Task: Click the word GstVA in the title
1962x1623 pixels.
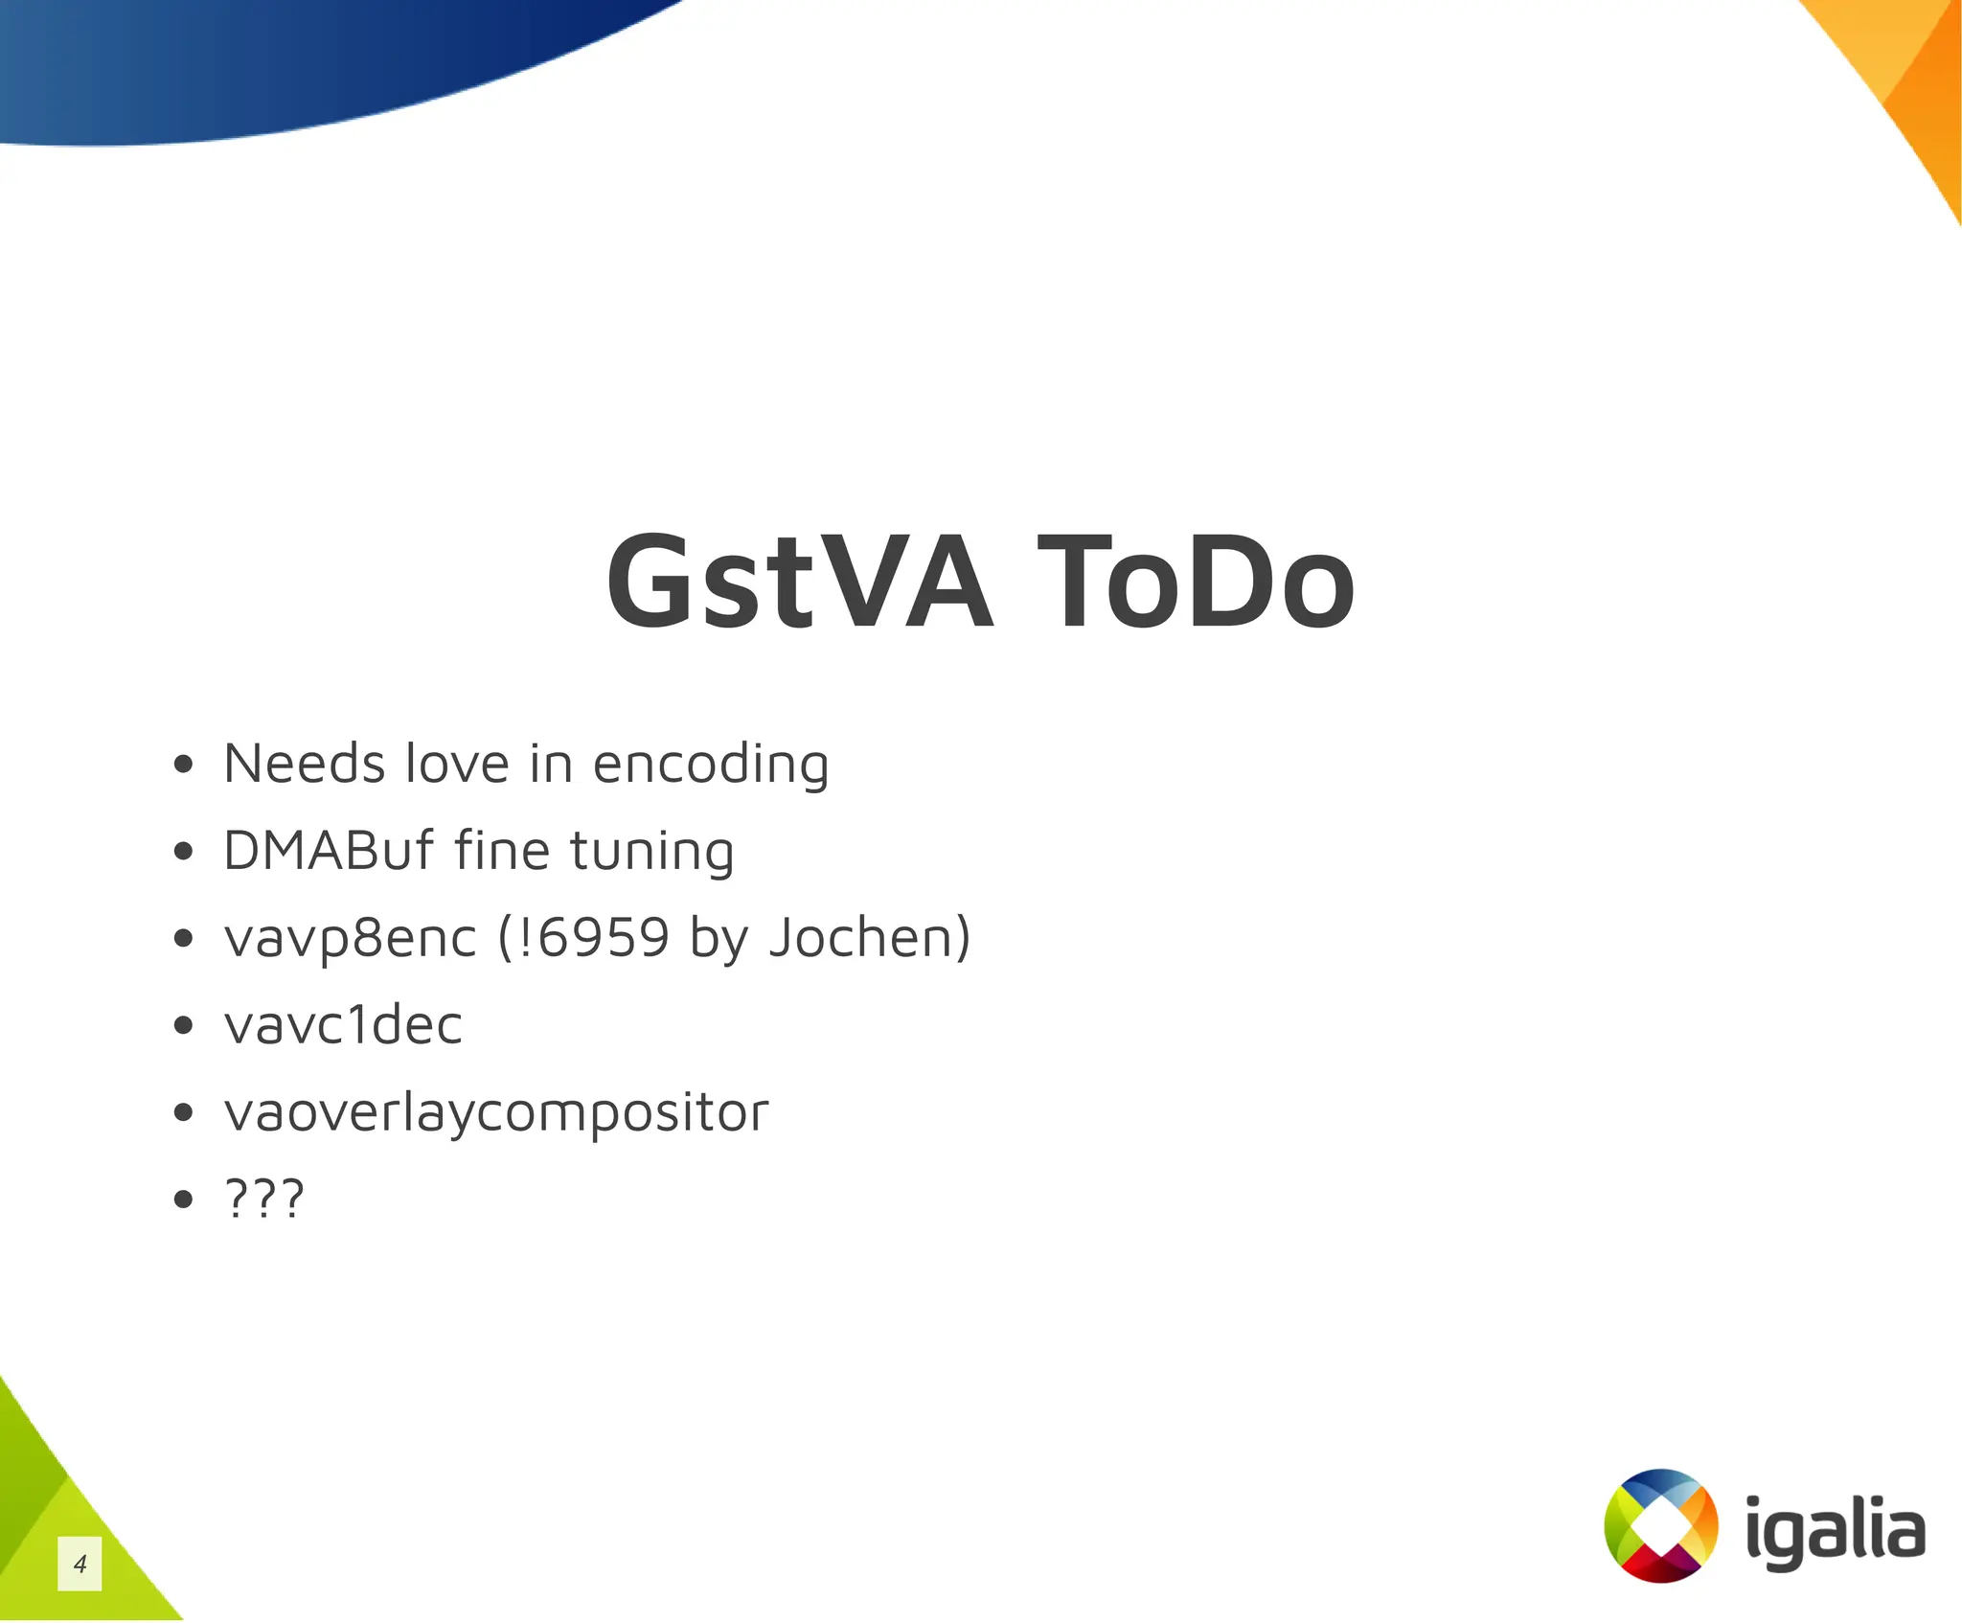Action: [x=799, y=582]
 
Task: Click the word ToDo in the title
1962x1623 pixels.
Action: [x=1196, y=582]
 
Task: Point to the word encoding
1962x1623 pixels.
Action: [x=710, y=766]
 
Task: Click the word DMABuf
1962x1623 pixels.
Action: [x=328, y=850]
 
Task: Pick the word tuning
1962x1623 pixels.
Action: [x=651, y=852]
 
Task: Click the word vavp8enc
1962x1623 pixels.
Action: [x=350, y=938]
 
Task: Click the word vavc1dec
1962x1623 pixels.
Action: [x=343, y=1024]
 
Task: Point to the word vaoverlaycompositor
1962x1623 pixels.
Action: [x=495, y=1112]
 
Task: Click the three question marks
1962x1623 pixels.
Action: [x=263, y=1198]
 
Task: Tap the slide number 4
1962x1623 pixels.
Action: [x=80, y=1564]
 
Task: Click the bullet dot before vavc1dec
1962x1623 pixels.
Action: [x=184, y=1025]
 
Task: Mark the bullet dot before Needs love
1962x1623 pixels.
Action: [x=184, y=765]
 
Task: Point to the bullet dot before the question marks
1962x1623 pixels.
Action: [x=184, y=1199]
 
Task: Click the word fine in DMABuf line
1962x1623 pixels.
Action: [x=500, y=850]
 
